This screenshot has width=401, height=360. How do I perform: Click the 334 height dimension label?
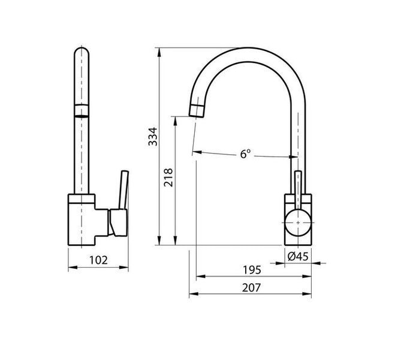pyautogui.click(x=153, y=136)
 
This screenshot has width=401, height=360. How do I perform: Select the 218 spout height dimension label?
pyautogui.click(x=168, y=178)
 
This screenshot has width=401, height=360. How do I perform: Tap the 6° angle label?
pyautogui.click(x=245, y=154)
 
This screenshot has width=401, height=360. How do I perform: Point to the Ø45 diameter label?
pyautogui.click(x=298, y=256)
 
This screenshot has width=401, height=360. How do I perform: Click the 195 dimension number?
pyautogui.click(x=252, y=270)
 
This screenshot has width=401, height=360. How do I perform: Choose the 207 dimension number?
pyautogui.click(x=251, y=288)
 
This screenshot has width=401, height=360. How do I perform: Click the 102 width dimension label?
pyautogui.click(x=98, y=260)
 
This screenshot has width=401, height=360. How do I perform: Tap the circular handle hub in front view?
pyautogui.click(x=298, y=223)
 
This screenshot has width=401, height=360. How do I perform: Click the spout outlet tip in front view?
pyautogui.click(x=197, y=110)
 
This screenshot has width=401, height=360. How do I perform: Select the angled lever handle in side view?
pyautogui.click(x=124, y=190)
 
